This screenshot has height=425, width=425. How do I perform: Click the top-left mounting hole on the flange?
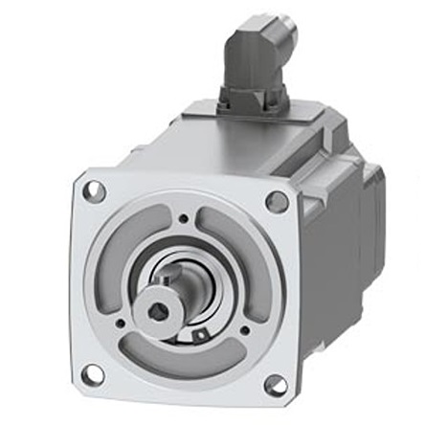point(93,190)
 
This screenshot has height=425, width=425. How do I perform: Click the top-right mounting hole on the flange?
point(277,201)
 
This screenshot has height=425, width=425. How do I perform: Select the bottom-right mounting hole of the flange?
point(275,385)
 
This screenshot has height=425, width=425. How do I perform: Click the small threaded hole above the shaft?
point(183,219)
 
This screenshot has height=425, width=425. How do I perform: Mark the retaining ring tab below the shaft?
point(200,335)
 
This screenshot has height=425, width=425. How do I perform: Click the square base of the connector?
point(246,96)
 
